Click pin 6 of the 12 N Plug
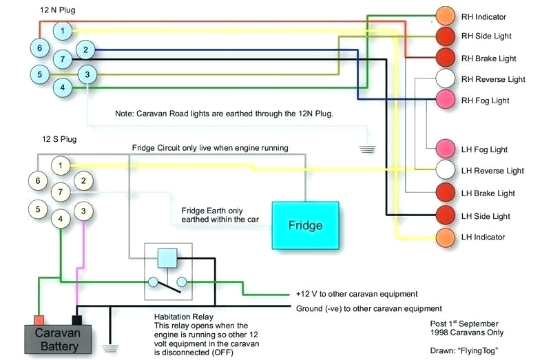[x=39, y=47]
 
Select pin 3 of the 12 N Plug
[x=87, y=74]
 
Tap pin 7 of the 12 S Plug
[x=62, y=191]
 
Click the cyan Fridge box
[x=305, y=225]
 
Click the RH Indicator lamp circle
[x=446, y=15]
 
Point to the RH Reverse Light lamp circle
[x=446, y=79]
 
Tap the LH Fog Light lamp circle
[x=446, y=149]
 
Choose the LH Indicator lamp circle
[x=446, y=237]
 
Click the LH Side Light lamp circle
[x=446, y=215]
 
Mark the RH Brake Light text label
[x=488, y=59]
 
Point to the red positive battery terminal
[x=39, y=319]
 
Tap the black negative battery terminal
[x=77, y=319]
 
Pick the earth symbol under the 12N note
[x=368, y=148]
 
